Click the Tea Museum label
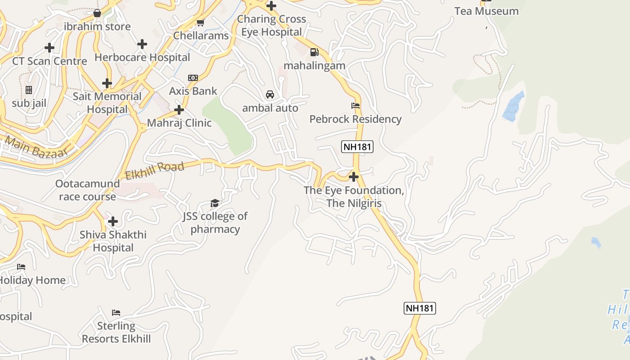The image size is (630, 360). [486, 11]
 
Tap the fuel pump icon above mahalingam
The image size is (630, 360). [314, 52]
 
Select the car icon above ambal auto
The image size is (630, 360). [270, 94]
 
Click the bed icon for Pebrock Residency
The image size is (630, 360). [355, 106]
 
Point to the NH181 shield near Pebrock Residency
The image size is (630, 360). [357, 147]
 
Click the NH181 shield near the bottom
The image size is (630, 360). [419, 308]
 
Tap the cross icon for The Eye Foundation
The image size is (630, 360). [354, 177]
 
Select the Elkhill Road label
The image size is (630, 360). [155, 171]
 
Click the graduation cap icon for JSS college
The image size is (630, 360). [215, 203]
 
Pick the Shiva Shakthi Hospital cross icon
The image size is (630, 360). [113, 221]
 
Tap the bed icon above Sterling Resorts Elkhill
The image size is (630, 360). [116, 312]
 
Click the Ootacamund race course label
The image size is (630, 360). [87, 190]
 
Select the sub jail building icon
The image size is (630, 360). [29, 90]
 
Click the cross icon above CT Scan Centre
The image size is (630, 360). [49, 48]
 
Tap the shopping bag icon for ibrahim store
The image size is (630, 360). [97, 13]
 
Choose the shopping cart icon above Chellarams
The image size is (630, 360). [201, 22]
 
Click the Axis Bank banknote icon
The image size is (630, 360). [193, 78]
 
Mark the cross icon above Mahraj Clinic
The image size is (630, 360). [179, 110]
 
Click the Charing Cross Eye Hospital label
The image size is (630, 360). [271, 25]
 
